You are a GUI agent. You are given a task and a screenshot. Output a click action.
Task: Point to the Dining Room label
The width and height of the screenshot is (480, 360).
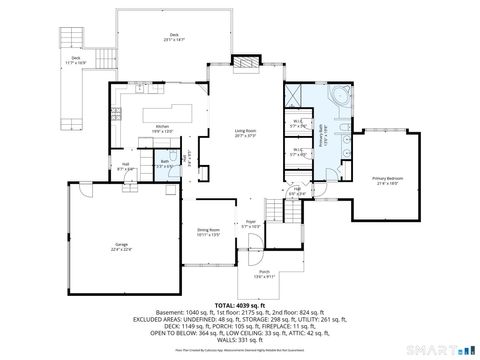pos(208,232)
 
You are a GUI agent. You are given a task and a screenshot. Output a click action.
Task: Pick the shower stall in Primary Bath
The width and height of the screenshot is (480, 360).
pos(294,97)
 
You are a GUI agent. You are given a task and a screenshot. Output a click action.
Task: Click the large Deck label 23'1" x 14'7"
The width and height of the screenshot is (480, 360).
pos(176,39)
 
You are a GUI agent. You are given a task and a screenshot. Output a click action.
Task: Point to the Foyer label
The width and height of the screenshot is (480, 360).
pos(251,226)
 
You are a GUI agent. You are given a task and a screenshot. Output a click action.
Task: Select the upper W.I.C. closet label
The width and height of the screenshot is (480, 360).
pos(296,126)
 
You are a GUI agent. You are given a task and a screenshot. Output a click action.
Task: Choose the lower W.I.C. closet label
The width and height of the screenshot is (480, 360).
pos(296,154)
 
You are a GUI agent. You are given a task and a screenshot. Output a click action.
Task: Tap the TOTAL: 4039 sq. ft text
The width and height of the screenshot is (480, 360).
pos(240,305)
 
